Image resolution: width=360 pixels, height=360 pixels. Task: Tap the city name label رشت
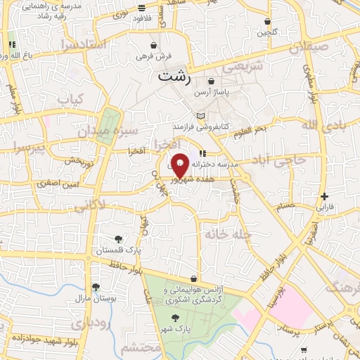[174, 77]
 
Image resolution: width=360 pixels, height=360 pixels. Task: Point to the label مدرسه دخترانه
[226, 163]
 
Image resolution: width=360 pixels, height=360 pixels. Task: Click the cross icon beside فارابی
[323, 196]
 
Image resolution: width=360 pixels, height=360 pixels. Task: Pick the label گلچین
[267, 32]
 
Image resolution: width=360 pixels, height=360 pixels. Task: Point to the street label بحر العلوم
[252, 129]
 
